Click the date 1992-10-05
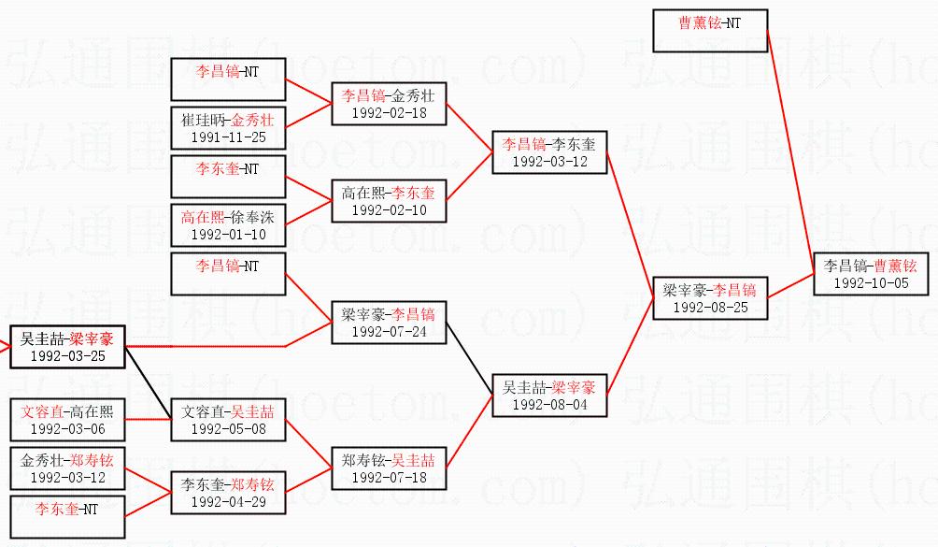coord(871,283)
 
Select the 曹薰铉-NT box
coord(710,31)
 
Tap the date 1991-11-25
coord(228,137)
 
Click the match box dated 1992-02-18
coord(389,104)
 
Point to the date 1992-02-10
coord(389,210)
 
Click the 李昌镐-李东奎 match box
coord(549,152)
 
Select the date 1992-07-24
coord(389,331)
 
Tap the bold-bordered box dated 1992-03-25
coord(67,346)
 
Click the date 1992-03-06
coord(67,429)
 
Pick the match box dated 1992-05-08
coord(228,420)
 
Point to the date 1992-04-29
coord(228,502)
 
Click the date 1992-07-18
coord(389,477)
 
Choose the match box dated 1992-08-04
coord(549,396)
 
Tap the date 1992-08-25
coord(710,308)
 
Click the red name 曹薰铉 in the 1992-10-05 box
coord(894,266)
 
